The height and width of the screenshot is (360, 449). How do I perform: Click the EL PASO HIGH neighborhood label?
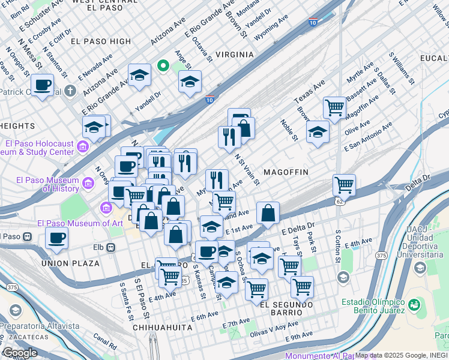100,41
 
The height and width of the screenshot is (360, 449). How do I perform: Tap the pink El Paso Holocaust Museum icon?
83,146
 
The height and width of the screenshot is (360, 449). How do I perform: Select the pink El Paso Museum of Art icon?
106,208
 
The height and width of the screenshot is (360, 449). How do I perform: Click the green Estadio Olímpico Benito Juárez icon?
413,305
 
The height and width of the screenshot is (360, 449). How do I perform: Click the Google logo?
20,353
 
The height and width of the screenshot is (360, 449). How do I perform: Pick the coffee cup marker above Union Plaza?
57,238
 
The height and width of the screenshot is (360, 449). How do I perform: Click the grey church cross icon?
71,91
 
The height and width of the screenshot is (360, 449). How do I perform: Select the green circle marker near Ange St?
162,65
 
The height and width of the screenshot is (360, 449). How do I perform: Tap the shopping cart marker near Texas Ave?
334,108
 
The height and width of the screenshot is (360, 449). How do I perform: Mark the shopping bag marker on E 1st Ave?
268,212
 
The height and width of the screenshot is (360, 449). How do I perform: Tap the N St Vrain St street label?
247,169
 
